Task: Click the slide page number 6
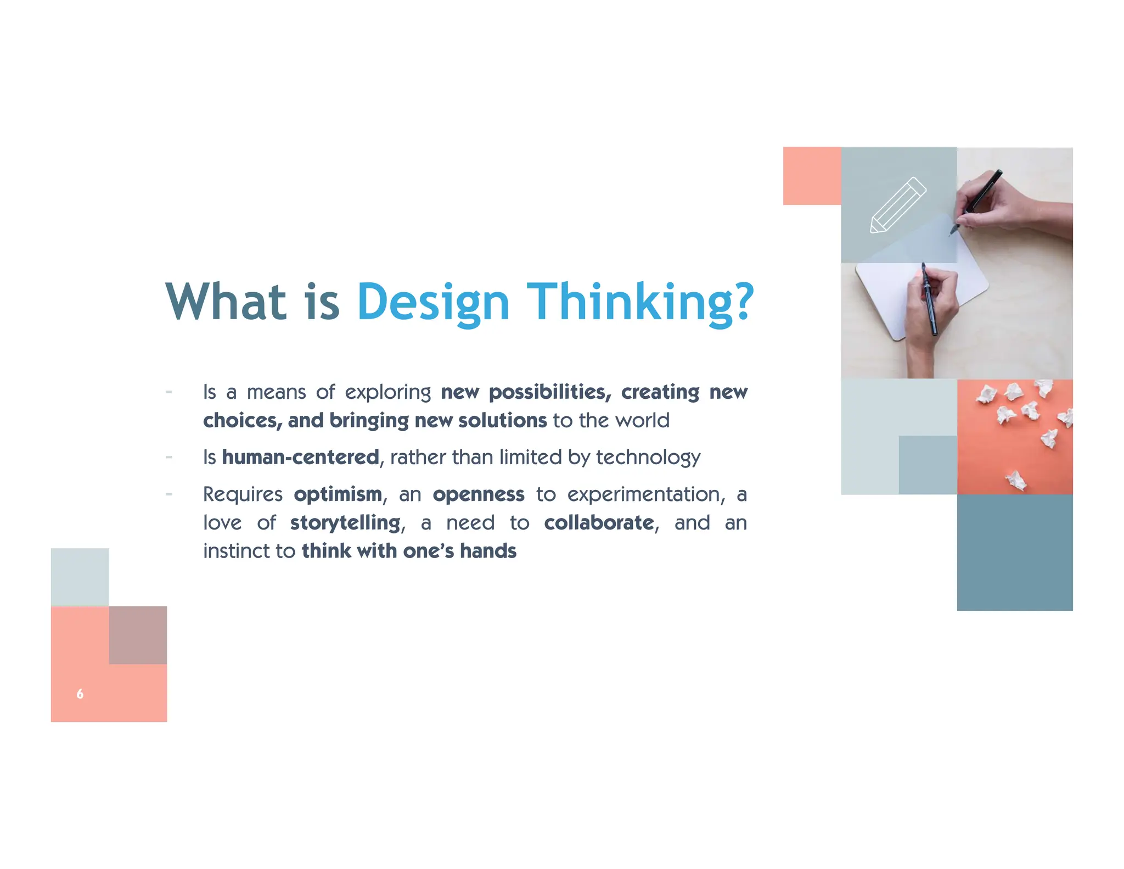tap(80, 694)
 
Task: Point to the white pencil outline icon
tap(898, 205)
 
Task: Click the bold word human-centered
tap(300, 457)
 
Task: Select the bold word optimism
tap(338, 494)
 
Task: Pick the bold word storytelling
tap(345, 522)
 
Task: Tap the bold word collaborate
tap(599, 522)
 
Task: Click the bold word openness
tap(478, 494)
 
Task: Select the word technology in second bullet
tap(648, 458)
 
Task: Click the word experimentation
tap(643, 494)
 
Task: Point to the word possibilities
tap(549, 392)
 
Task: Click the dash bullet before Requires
tap(169, 494)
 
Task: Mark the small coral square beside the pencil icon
tap(812, 176)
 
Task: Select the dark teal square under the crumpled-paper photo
tap(1015, 552)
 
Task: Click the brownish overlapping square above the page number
tap(138, 635)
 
